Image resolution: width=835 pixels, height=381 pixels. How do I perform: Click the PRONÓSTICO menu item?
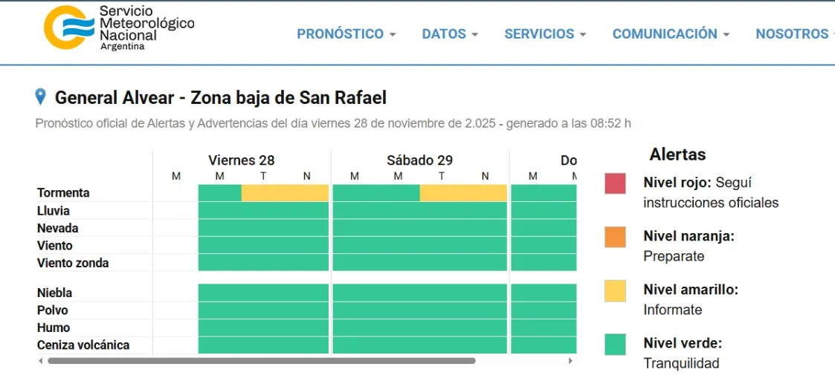pos(346,34)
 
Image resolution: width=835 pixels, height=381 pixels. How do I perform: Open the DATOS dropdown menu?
pos(449,34)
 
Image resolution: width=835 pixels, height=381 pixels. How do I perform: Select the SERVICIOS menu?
pos(545,34)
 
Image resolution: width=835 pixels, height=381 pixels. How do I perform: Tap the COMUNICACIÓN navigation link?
pos(670,34)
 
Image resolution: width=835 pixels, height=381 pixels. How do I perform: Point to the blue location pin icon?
pos(41,97)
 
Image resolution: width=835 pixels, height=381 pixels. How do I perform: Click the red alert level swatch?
pos(615,183)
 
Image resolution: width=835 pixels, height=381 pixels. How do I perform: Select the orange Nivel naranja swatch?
pos(615,237)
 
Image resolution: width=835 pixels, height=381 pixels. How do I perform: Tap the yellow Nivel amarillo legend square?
pos(615,290)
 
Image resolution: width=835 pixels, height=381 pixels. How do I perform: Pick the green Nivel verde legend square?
pos(615,344)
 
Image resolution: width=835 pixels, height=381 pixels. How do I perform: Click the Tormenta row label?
pos(63,193)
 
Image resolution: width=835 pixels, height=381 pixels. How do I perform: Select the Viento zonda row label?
pos(73,263)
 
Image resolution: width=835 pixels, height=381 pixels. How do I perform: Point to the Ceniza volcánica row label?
pos(83,345)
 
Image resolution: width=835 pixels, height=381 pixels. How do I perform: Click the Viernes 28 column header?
pos(242,160)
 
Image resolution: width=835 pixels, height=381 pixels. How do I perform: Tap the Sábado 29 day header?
pos(419,160)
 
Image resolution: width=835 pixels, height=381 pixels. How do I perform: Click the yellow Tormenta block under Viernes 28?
pos(285,193)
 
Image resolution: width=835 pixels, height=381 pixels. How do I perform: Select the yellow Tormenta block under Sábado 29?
pos(463,193)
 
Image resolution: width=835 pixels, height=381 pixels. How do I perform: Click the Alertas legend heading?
pos(677,154)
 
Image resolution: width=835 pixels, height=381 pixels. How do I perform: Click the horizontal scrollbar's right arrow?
pos(570,361)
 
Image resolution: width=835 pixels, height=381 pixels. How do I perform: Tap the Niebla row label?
pos(55,293)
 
